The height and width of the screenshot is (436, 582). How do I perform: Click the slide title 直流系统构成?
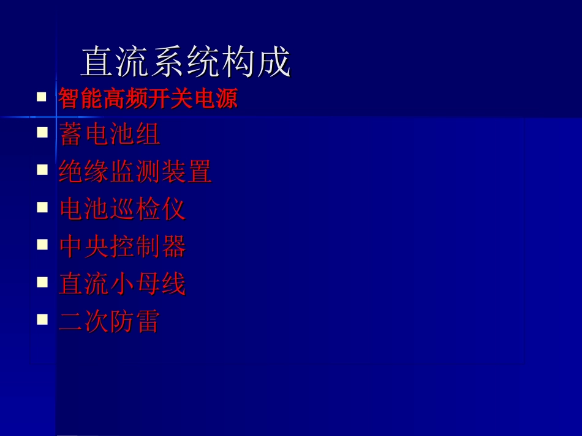[x=185, y=62]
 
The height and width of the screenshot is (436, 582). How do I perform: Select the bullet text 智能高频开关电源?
[x=148, y=98]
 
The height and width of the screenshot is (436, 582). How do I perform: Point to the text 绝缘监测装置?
[x=135, y=172]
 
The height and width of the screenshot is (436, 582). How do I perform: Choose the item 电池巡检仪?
[x=122, y=209]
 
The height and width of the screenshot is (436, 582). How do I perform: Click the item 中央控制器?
[x=122, y=246]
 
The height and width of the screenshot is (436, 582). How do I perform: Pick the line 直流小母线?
[x=122, y=284]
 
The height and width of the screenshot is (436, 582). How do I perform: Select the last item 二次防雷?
[x=109, y=321]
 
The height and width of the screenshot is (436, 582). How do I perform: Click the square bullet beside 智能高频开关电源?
[x=42, y=96]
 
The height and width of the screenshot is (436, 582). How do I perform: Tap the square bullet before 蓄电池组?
[x=42, y=132]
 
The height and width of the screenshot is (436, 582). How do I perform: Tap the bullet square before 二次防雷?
[x=42, y=319]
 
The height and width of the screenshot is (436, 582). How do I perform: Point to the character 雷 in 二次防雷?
[x=148, y=321]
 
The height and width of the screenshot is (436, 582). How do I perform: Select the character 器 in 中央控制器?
[x=173, y=246]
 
